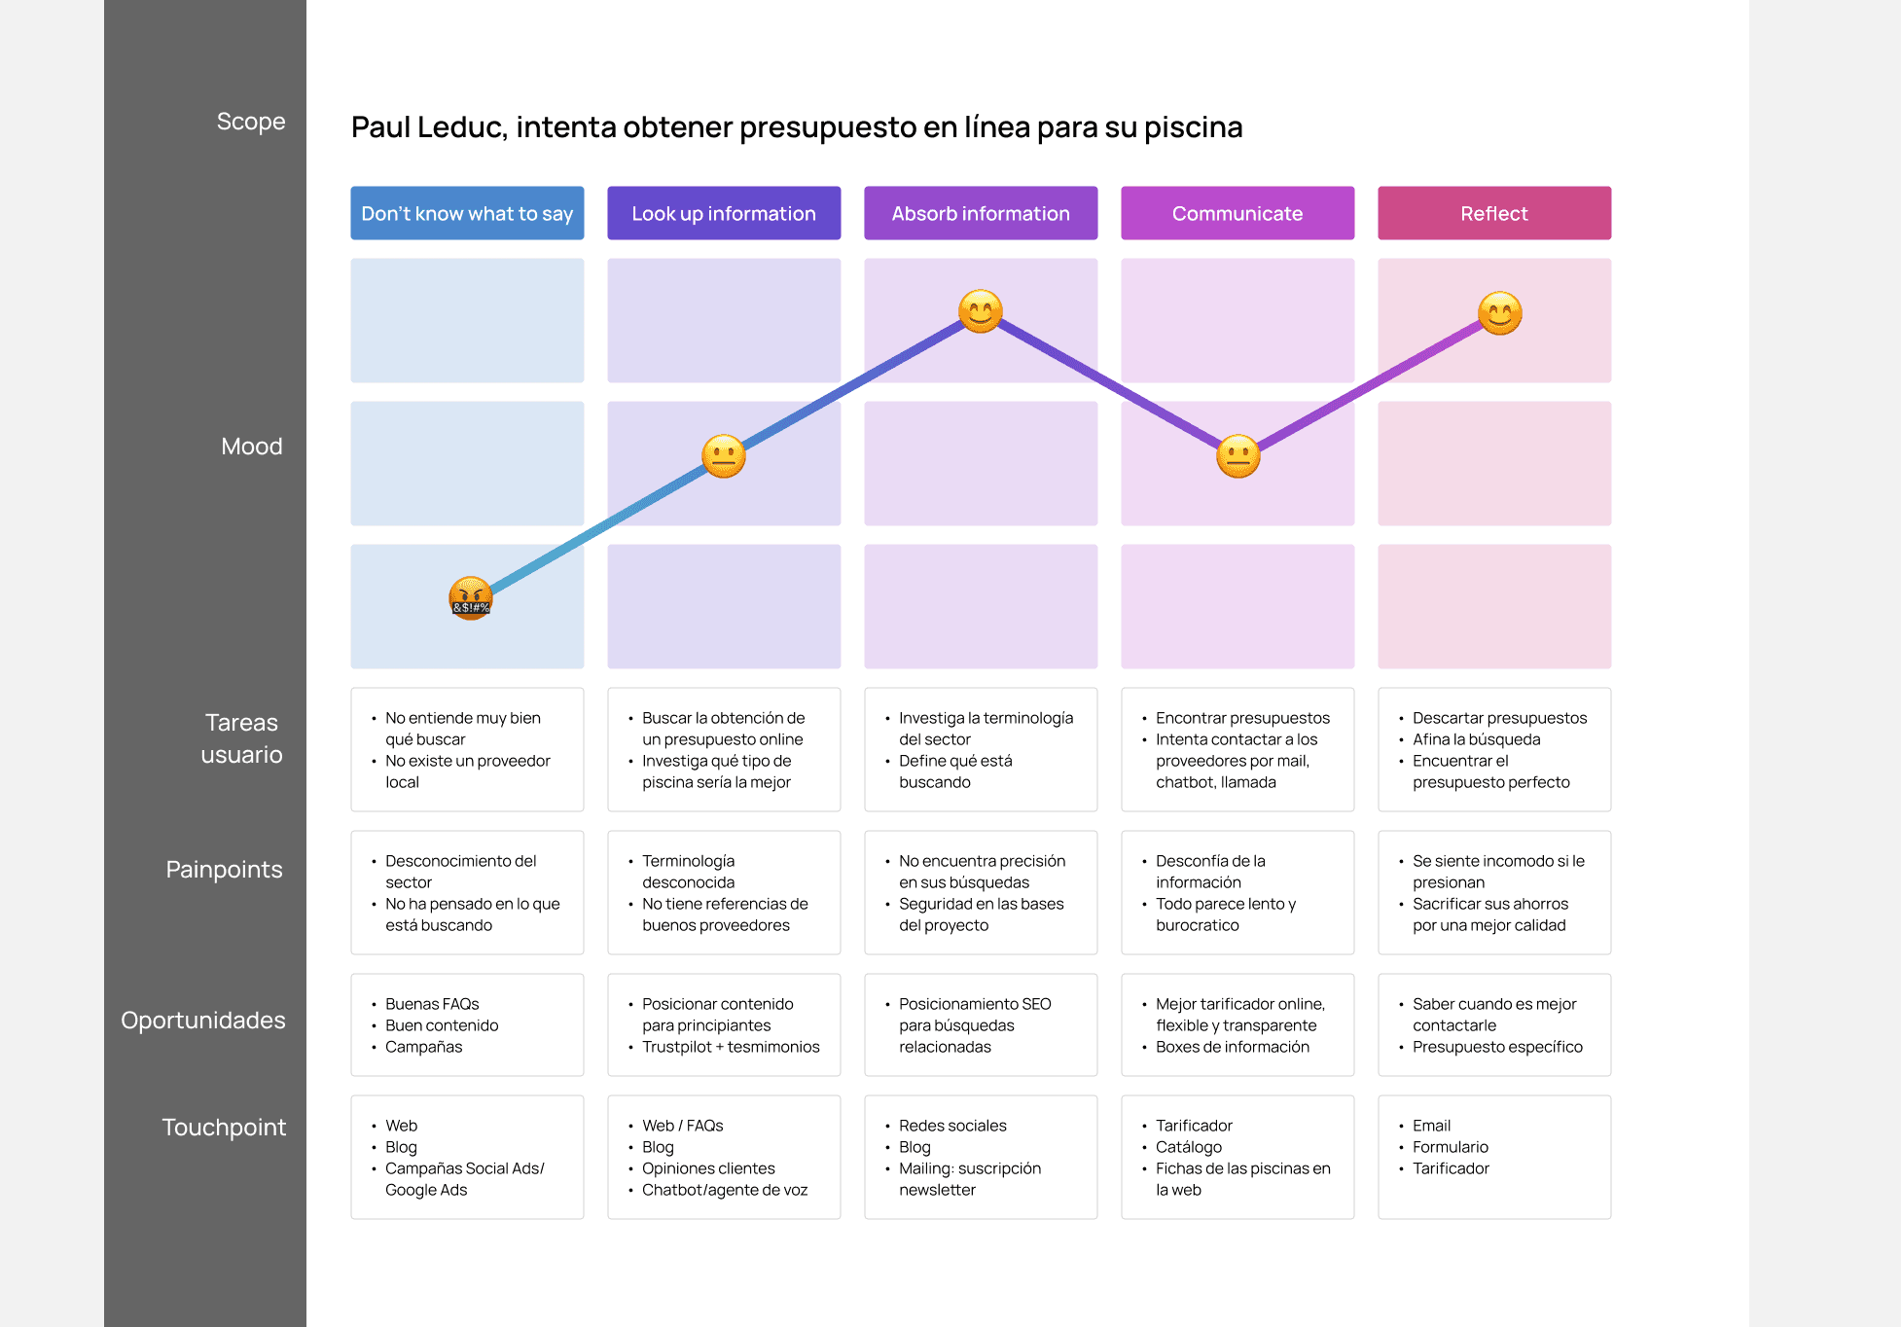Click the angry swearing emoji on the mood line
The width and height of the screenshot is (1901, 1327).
coord(471,598)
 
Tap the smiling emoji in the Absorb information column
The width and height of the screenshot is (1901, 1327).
coord(981,311)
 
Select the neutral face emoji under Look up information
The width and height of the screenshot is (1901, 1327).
coord(724,456)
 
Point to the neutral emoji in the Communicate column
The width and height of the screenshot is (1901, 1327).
coord(1238,456)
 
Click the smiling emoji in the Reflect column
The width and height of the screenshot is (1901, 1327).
coord(1500,313)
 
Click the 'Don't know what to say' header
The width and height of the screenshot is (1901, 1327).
coord(467,213)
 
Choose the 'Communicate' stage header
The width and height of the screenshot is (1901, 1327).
coord(1237,213)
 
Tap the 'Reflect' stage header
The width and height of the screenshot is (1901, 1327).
coord(1494,213)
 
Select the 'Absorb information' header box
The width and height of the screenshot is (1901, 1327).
coord(981,213)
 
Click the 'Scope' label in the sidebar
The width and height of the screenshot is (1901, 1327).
coord(251,122)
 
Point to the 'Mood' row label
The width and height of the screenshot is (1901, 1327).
coord(252,447)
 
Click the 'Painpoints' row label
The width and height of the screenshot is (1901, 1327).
coord(224,870)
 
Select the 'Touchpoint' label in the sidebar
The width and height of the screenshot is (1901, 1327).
coord(224,1128)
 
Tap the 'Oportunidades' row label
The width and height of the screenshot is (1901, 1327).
coord(203,1021)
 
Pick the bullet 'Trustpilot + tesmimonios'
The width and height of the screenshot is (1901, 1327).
coord(731,1047)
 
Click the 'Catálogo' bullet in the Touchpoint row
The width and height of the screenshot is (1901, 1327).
coord(1189,1147)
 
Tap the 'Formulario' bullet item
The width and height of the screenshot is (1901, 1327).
coord(1451,1147)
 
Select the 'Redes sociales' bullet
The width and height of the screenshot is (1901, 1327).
coord(952,1126)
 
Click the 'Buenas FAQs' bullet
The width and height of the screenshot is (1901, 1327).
coord(432,1004)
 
